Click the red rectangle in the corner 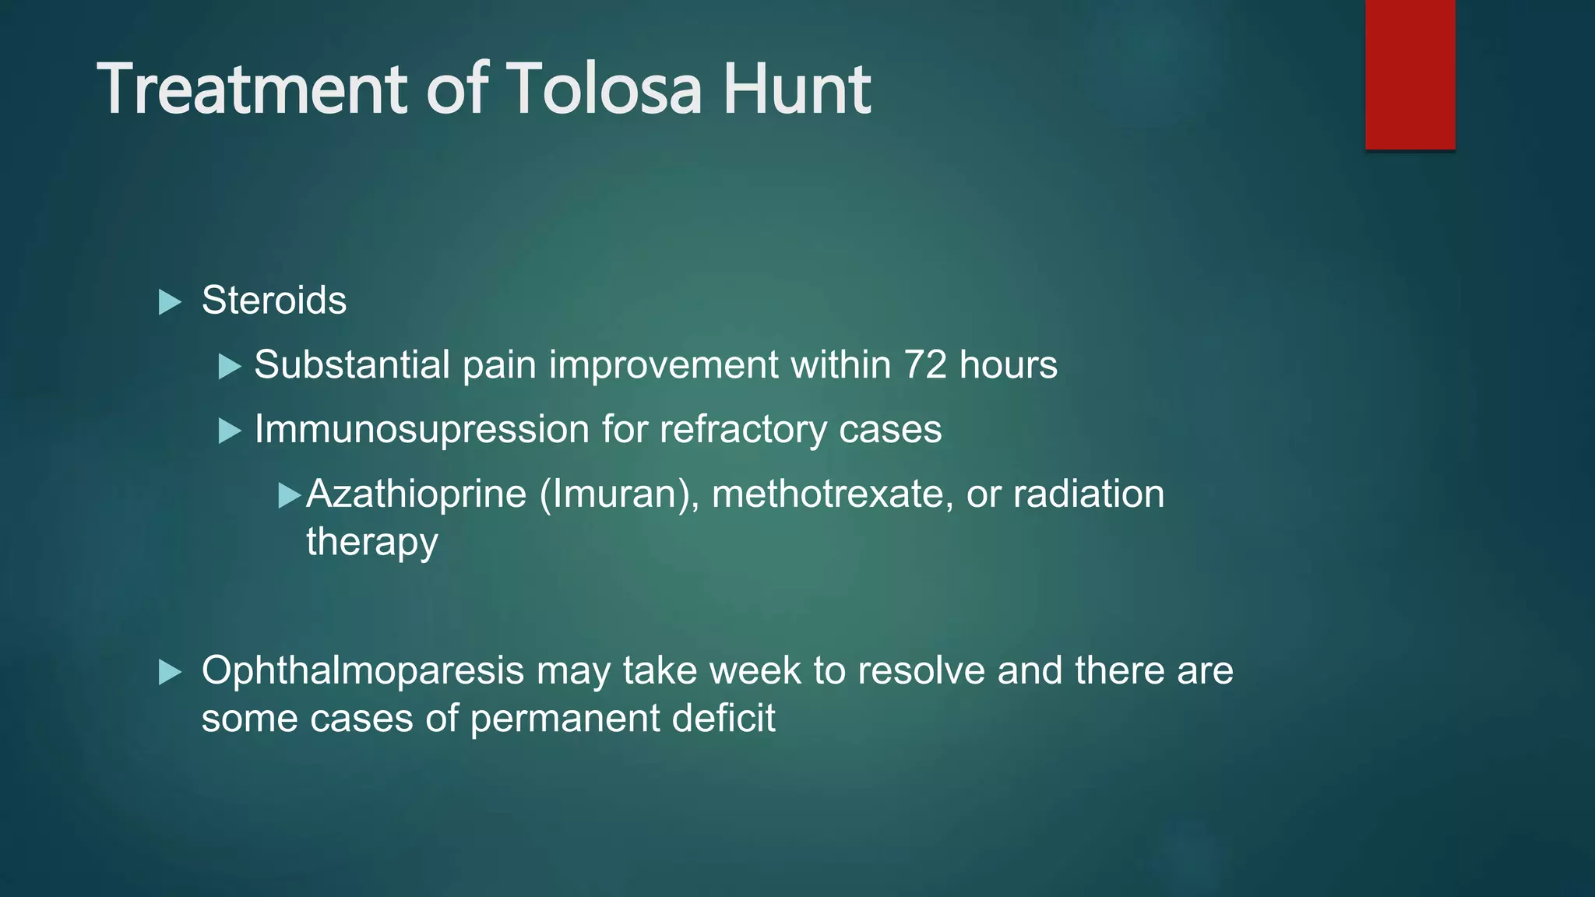tap(1410, 74)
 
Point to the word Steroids tap(274, 301)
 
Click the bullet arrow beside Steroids tap(169, 302)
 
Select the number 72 tap(925, 364)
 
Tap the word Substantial tap(352, 364)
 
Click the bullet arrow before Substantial tap(230, 366)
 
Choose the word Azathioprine tap(416, 494)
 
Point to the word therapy tap(371, 543)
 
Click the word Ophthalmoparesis tap(363, 671)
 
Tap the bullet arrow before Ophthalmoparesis tap(169, 672)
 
